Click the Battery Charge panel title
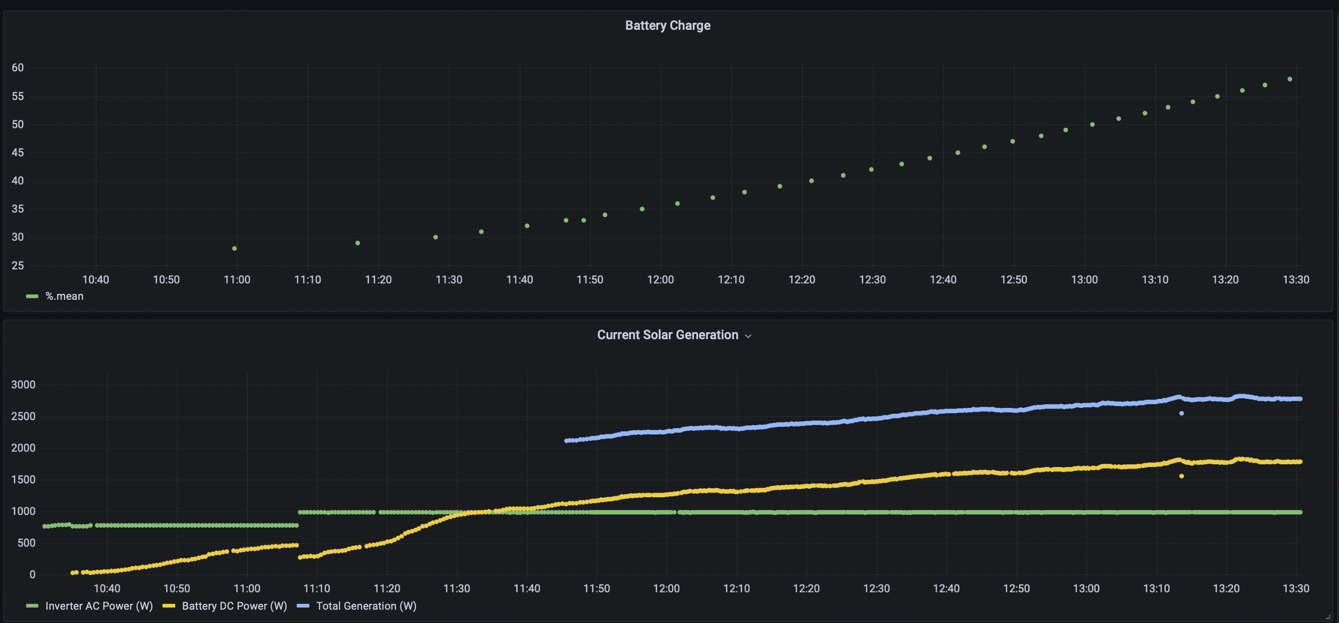point(667,26)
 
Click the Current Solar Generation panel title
point(667,335)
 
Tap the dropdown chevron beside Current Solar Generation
point(748,336)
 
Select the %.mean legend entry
point(55,296)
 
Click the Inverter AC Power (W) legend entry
point(89,606)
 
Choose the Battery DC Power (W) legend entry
point(225,606)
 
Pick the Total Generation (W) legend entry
point(356,606)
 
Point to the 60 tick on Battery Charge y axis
point(18,68)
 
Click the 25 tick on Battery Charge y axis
point(18,265)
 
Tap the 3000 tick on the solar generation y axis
point(23,384)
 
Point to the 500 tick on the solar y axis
point(27,543)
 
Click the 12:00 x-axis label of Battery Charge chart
point(660,280)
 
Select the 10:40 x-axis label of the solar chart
point(107,588)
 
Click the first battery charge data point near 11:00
point(234,249)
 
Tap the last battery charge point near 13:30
point(1290,79)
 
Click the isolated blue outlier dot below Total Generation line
point(1181,413)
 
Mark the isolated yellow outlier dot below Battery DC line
point(1181,476)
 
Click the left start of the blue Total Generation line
point(566,441)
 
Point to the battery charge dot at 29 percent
point(358,243)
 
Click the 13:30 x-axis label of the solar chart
point(1296,588)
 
